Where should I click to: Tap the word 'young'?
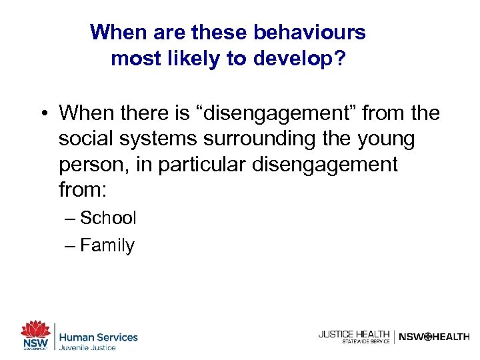(x=385, y=139)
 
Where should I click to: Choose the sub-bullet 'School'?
(x=108, y=218)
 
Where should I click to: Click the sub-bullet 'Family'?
(x=107, y=245)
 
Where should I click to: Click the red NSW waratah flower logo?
(x=35, y=330)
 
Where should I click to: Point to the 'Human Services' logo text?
(x=99, y=337)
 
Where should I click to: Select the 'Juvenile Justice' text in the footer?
(x=88, y=347)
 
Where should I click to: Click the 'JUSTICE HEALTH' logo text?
(x=353, y=334)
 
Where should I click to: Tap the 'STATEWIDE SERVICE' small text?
(x=365, y=342)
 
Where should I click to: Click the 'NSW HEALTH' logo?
(x=433, y=337)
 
